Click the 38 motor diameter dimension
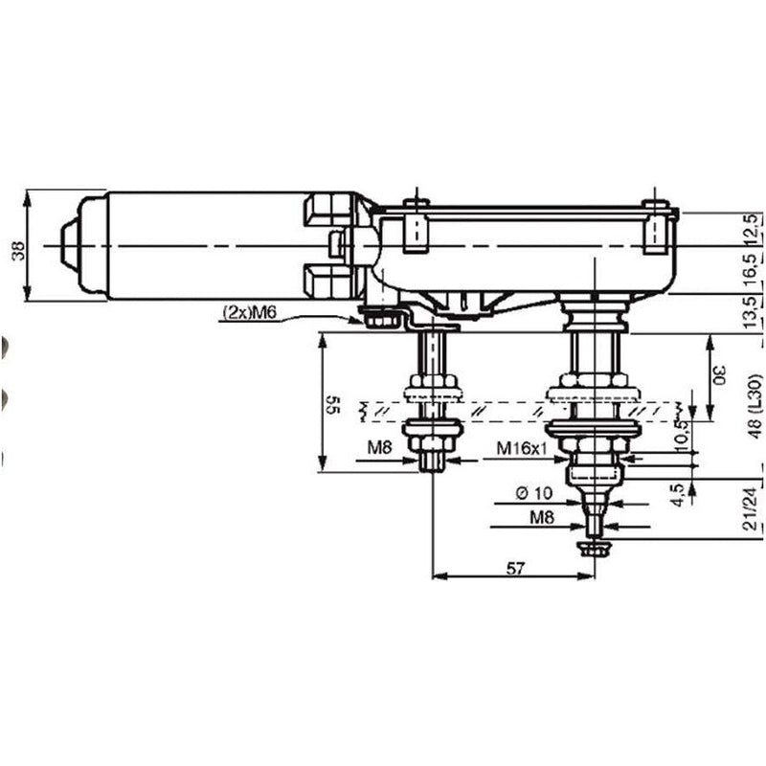coord(17,251)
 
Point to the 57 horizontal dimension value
coord(515,569)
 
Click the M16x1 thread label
coord(521,448)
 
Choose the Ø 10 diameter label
coord(533,494)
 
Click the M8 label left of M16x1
coord(379,448)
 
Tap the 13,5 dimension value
coord(754,313)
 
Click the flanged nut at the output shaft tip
coord(594,547)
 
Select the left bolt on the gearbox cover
coord(416,226)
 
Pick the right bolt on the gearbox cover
coord(655,226)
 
